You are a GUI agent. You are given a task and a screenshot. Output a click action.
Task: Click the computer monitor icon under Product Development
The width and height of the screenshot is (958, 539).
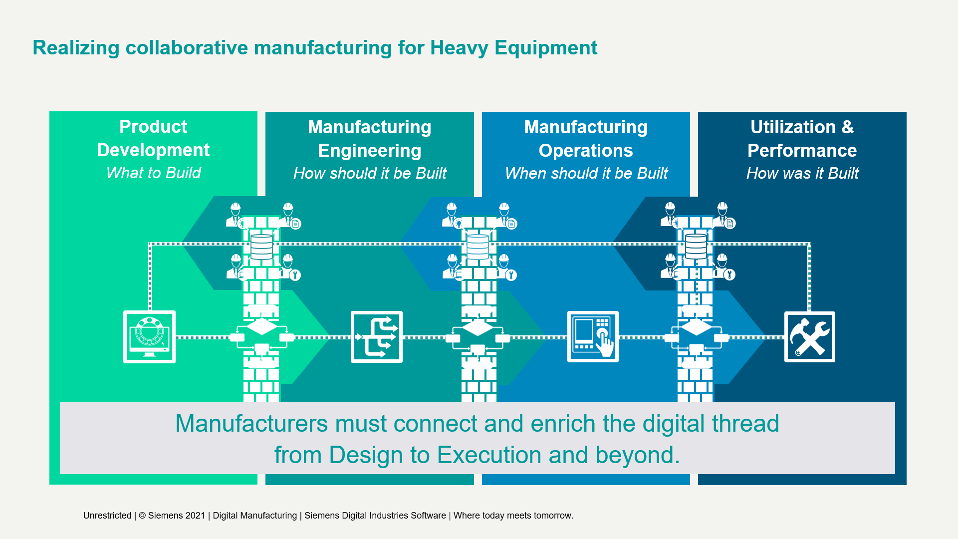tap(149, 337)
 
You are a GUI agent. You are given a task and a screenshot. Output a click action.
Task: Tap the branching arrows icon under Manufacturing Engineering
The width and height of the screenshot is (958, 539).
tap(377, 337)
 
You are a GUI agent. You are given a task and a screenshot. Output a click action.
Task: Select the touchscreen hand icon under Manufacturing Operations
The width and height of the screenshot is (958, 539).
tap(593, 337)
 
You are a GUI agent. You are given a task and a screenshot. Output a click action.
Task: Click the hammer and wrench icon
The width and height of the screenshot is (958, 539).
tap(809, 337)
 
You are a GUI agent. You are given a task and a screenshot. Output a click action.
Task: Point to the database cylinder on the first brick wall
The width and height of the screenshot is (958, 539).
tap(261, 247)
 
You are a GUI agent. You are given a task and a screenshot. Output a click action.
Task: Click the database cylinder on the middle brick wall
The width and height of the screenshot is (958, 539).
tap(478, 247)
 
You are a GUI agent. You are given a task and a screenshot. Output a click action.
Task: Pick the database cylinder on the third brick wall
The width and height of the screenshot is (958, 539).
tap(696, 246)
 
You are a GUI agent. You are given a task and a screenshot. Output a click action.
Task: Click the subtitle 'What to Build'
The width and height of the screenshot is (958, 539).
tap(154, 173)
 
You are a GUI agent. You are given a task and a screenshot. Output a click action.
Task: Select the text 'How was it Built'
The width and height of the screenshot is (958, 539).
tap(802, 173)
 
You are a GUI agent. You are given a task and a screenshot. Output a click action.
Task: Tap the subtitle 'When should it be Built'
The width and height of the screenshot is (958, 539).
tap(586, 173)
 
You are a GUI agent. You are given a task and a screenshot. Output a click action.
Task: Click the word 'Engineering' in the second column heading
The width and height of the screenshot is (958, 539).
tap(370, 151)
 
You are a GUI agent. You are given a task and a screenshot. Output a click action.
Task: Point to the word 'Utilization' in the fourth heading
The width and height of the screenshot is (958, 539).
tap(793, 127)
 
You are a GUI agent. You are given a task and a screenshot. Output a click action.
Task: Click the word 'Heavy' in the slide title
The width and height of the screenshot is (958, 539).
tap(459, 48)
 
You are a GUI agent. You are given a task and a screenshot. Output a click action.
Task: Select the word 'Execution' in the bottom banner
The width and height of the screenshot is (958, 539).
tap(489, 455)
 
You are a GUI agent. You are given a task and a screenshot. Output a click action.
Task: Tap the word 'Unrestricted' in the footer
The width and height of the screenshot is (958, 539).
tap(107, 516)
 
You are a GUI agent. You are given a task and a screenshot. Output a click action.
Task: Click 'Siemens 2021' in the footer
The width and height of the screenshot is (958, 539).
tap(177, 516)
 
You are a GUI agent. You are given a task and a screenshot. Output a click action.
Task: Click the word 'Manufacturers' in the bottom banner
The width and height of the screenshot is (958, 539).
tap(252, 424)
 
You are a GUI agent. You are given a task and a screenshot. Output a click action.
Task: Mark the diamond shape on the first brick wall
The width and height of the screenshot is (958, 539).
tap(261, 327)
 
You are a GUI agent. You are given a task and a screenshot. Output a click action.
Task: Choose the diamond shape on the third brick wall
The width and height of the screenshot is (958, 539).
tap(696, 327)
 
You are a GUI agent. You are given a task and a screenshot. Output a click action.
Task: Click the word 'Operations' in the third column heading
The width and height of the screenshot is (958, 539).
tap(586, 151)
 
